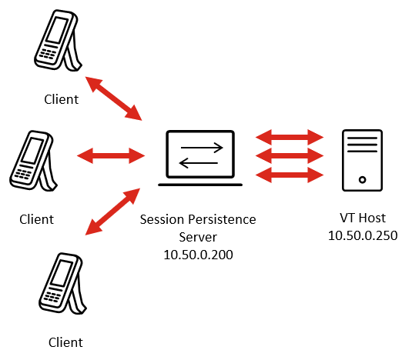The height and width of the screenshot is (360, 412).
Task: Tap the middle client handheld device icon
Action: [32, 160]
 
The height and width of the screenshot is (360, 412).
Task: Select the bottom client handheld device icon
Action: [62, 283]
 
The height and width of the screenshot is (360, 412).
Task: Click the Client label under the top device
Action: [61, 99]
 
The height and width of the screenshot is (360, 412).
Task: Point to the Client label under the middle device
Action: [36, 219]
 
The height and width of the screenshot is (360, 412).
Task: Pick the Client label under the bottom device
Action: [65, 342]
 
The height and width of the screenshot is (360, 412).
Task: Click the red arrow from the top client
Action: [114, 98]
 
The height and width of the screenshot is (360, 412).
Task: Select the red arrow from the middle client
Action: [111, 155]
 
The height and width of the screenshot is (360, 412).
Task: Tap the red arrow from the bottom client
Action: [112, 212]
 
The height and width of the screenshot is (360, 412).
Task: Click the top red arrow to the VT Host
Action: [290, 137]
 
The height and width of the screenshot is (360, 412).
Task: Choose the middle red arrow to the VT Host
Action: [290, 155]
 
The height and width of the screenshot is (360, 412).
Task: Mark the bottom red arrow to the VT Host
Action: [290, 175]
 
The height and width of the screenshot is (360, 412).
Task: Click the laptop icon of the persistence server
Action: [200, 158]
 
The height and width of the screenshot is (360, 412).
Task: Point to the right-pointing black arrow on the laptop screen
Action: [202, 148]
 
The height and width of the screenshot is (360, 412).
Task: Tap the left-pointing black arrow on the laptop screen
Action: [199, 163]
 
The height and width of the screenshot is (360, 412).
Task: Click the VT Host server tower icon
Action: [363, 160]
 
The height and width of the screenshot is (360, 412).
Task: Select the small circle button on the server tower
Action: [363, 180]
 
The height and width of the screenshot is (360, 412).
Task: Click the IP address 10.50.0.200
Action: [198, 255]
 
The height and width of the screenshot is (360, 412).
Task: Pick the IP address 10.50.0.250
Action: [363, 235]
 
